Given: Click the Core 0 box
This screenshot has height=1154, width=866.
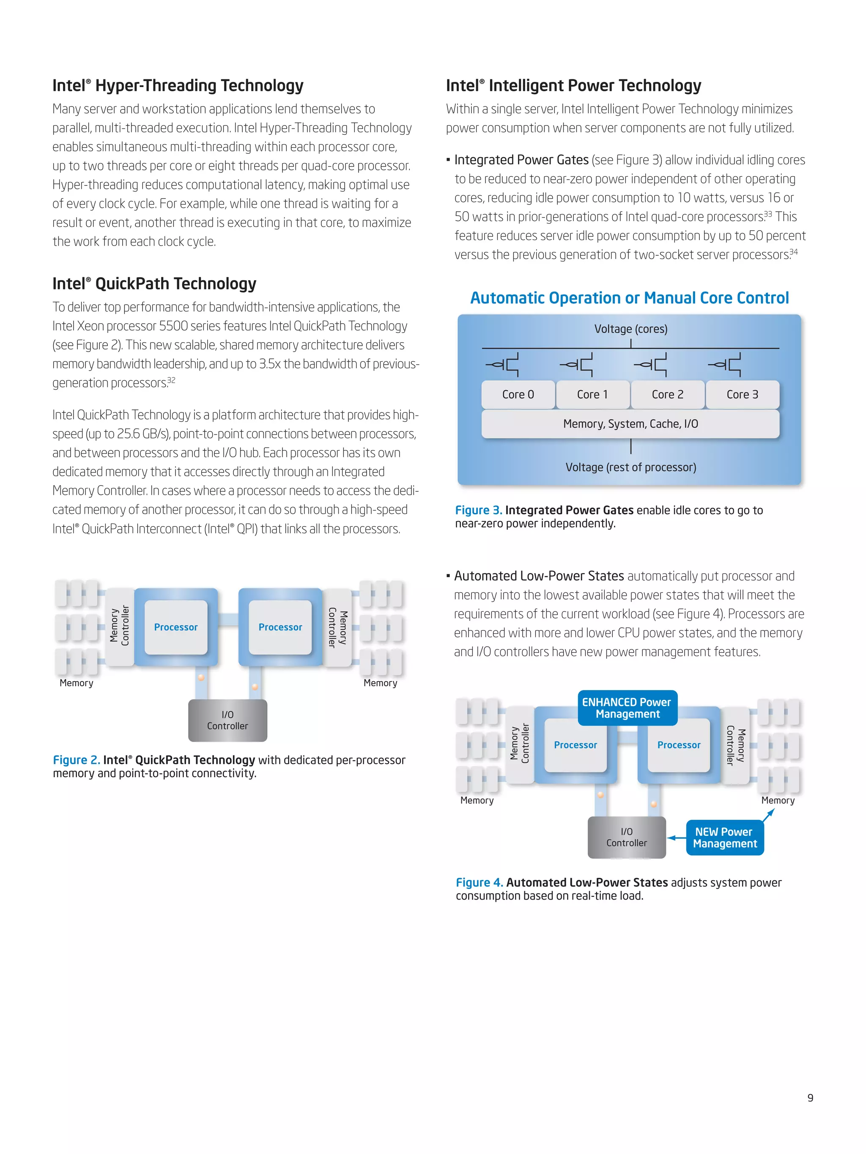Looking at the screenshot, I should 518,394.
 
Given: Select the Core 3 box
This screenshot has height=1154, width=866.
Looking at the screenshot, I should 742,394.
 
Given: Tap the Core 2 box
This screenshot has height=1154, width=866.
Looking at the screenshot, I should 667,394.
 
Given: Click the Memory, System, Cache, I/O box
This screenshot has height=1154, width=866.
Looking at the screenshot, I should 630,424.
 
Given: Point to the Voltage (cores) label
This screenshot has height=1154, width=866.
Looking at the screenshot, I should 630,329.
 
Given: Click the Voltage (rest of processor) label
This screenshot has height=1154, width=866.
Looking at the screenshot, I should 630,467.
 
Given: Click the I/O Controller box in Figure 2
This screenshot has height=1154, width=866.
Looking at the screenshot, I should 227,720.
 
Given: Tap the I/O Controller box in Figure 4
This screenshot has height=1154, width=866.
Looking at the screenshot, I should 626,838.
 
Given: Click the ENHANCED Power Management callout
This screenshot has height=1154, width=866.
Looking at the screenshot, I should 627,708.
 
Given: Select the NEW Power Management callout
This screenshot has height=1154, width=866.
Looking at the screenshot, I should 724,838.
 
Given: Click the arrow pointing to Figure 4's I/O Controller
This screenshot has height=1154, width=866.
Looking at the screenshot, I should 677,838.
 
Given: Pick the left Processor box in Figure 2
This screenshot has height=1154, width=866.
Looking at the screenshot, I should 176,627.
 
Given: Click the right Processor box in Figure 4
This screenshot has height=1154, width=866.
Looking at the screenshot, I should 679,745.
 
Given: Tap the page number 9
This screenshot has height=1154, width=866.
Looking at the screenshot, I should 810,1098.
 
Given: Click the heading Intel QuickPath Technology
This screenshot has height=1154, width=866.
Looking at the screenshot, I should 154,284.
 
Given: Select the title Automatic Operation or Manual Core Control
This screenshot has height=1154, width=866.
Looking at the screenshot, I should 630,298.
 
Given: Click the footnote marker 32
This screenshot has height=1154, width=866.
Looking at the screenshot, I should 171,380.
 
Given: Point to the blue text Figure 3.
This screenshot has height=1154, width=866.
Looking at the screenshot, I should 478,510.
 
